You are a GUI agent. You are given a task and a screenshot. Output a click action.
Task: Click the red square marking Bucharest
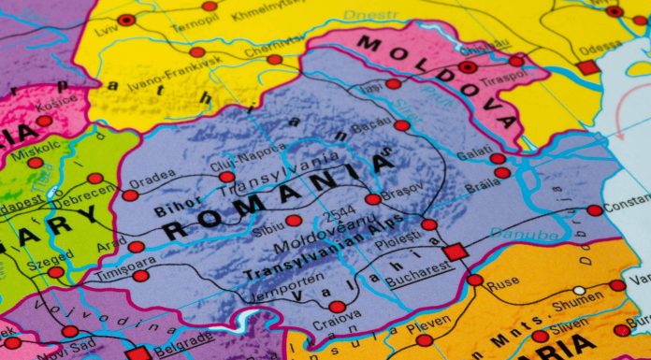(x=456, y=252)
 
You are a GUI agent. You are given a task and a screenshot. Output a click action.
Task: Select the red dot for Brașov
(x=373, y=198)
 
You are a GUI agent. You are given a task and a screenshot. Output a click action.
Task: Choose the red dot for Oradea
(x=130, y=194)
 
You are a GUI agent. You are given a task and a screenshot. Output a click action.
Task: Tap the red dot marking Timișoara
(x=140, y=276)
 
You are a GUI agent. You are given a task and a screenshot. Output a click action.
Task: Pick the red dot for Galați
(x=498, y=158)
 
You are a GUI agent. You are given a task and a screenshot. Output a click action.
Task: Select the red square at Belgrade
(x=138, y=354)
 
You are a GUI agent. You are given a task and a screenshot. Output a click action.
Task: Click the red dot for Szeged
(x=57, y=272)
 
